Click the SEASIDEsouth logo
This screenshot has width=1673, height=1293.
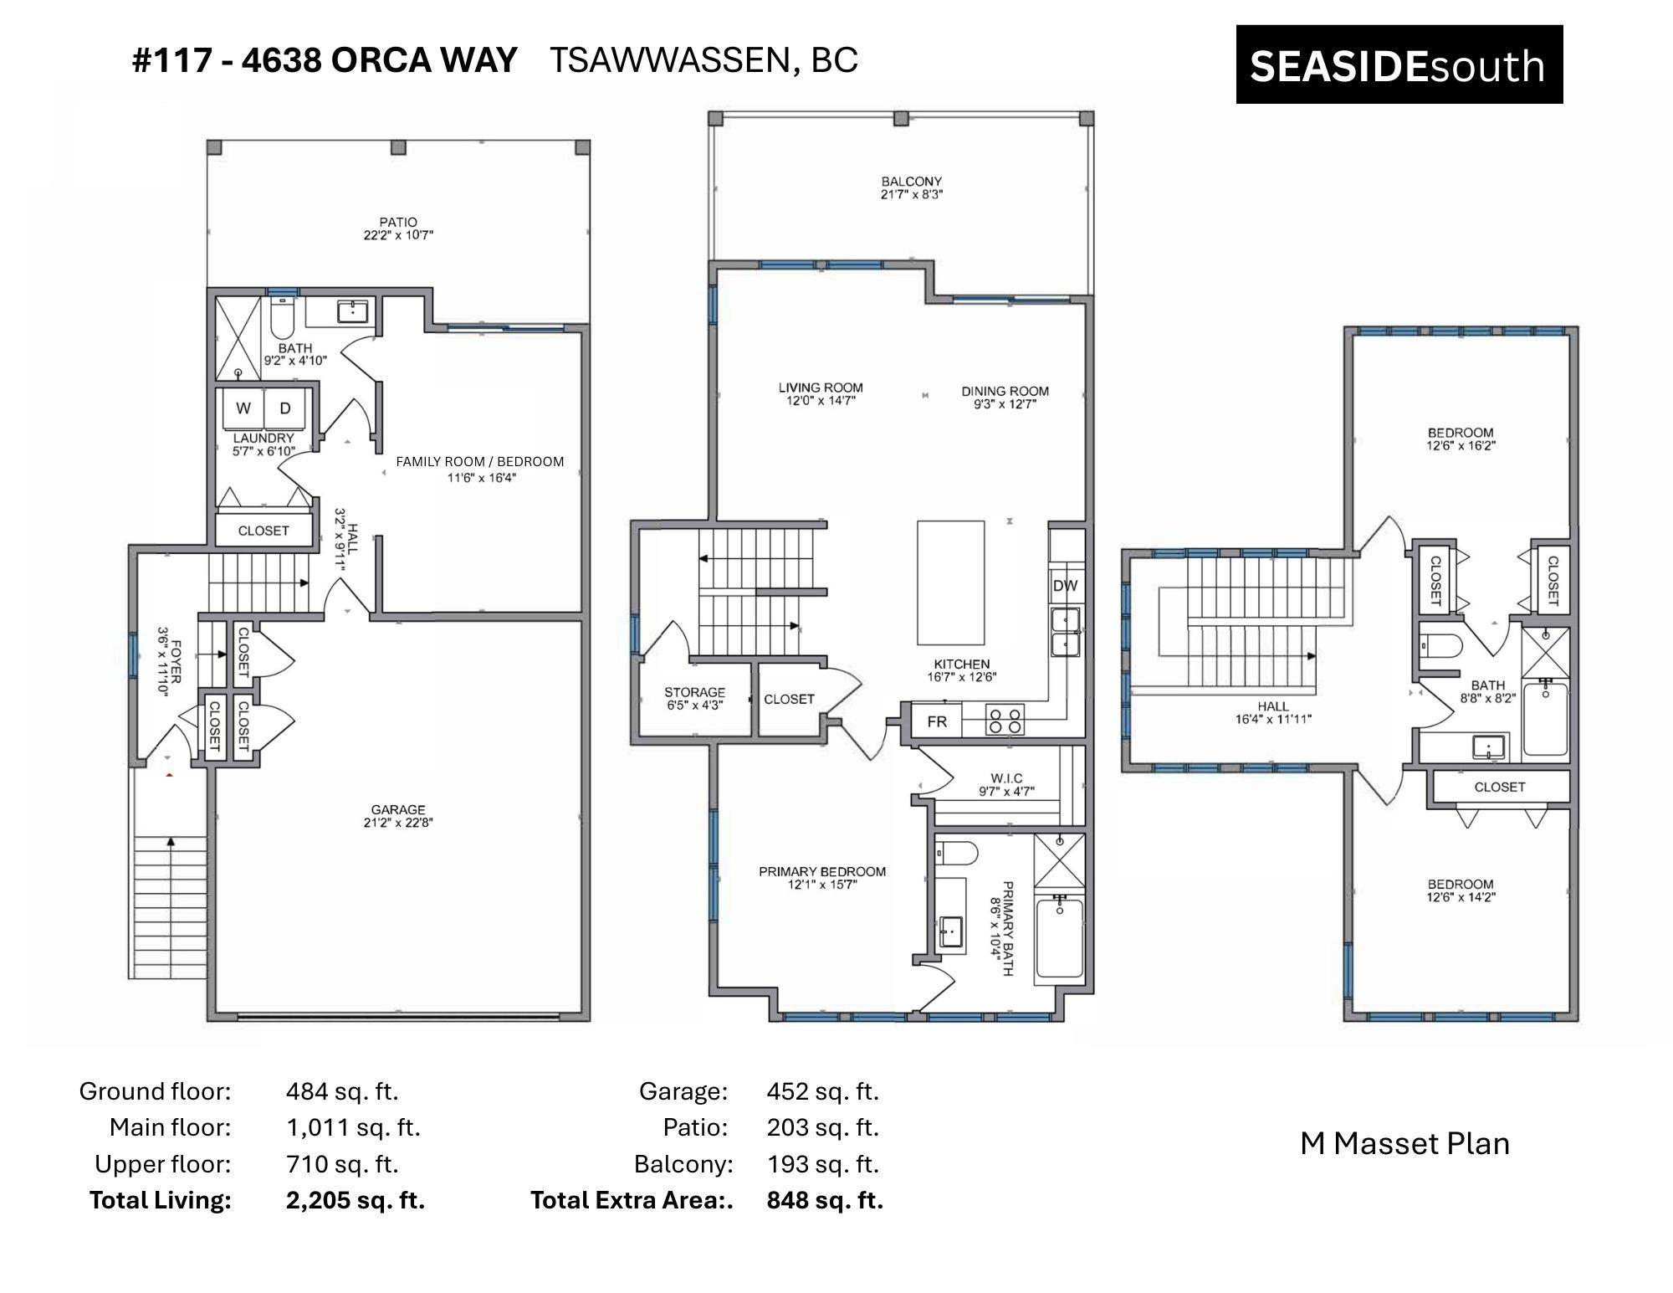(1399, 64)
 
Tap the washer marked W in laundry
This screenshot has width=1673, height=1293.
(243, 408)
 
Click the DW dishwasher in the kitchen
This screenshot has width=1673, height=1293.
(1066, 586)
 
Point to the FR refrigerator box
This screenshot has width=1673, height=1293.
(936, 721)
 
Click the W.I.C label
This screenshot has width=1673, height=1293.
(1006, 778)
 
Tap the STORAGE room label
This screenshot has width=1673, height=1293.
(694, 692)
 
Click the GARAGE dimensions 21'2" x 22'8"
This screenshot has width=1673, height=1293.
(398, 823)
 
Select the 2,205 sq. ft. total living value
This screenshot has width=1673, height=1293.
(356, 1200)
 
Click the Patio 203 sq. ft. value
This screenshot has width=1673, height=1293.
(823, 1127)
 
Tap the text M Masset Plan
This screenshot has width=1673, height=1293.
(1405, 1143)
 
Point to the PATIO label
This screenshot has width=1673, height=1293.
(398, 222)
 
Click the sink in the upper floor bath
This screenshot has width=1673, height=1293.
(1489, 747)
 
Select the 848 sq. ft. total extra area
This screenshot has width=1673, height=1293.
(825, 1200)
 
